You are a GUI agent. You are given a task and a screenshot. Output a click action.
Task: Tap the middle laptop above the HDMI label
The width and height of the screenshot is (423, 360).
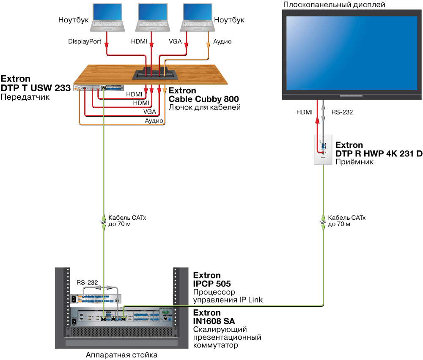point(151,17)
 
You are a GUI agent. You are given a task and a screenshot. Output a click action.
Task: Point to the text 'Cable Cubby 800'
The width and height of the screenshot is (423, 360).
point(204,99)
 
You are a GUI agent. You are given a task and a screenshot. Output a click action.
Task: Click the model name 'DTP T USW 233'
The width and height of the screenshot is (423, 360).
point(35,88)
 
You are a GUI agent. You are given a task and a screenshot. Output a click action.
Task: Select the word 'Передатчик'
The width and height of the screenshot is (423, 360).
point(25,97)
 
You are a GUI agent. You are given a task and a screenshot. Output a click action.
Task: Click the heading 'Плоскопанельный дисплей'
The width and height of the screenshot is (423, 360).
point(334,5)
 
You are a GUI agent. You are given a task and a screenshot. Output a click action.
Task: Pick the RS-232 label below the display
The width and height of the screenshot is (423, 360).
point(342,112)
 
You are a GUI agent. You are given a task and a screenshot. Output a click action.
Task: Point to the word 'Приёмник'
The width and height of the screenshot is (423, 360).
point(354,161)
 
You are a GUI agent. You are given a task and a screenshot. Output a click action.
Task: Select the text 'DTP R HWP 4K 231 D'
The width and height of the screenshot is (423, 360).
point(379,153)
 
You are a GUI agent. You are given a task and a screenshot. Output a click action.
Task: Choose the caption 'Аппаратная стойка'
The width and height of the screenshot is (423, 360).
point(121,355)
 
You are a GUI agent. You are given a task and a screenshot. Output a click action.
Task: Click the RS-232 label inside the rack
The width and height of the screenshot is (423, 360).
point(87,282)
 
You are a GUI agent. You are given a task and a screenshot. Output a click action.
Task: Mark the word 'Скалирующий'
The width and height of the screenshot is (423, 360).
point(220,329)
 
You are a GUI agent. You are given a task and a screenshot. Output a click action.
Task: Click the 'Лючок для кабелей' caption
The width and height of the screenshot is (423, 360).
point(204,107)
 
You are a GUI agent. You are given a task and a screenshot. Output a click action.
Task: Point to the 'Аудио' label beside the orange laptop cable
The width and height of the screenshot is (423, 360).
point(222,42)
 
